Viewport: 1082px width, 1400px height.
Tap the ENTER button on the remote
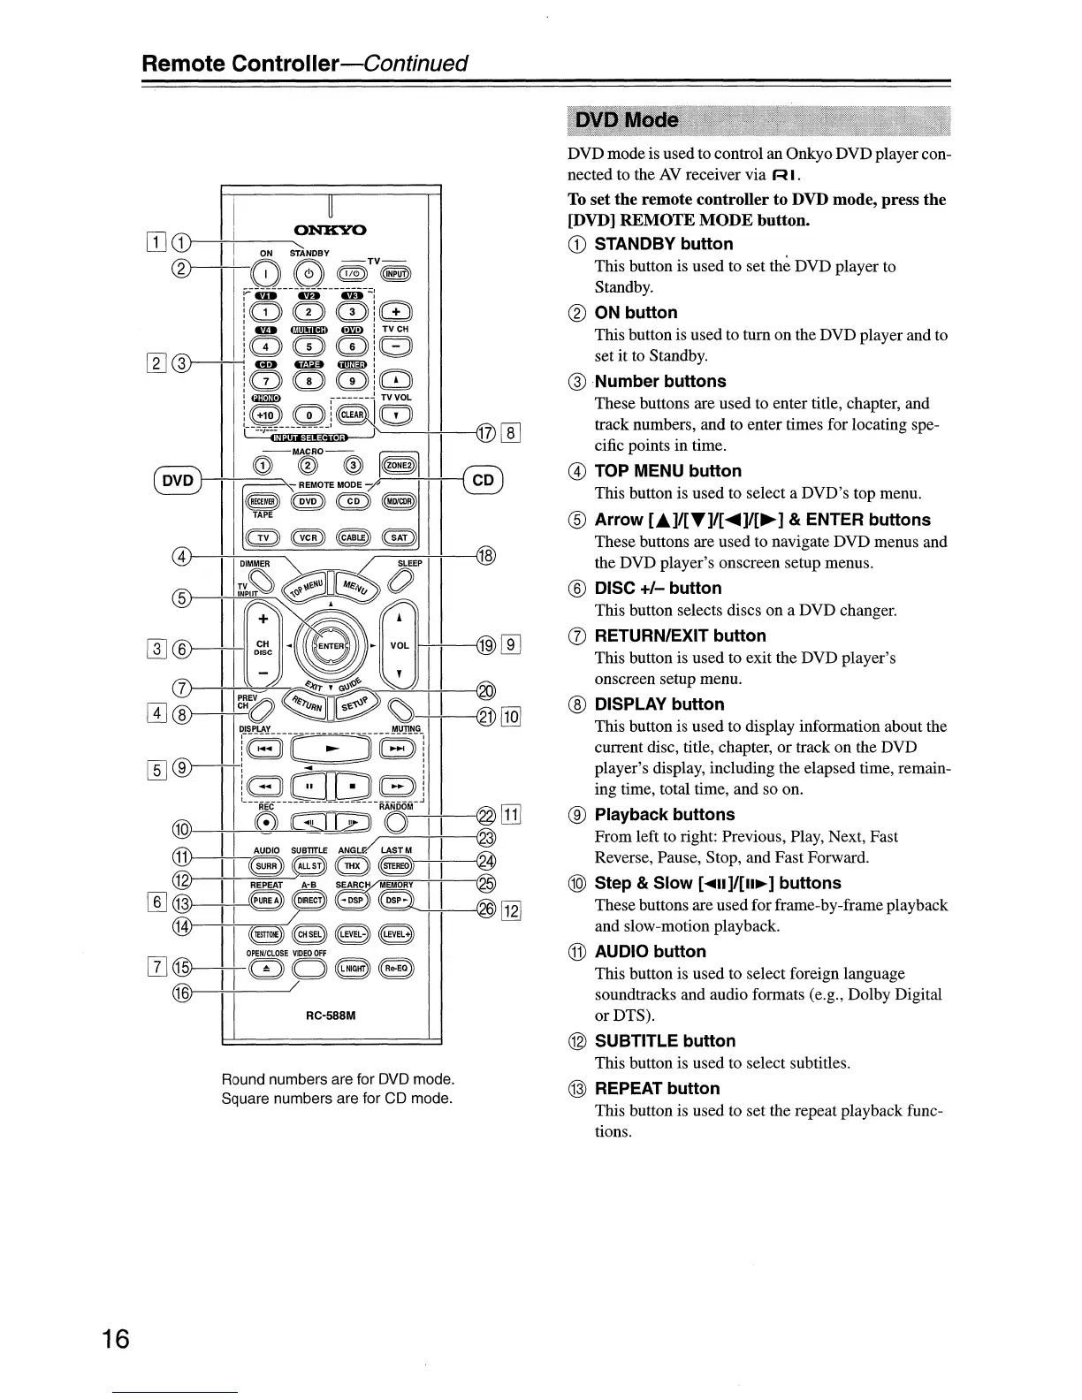point(331,645)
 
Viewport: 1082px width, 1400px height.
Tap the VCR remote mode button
point(309,537)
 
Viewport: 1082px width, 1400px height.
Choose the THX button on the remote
point(353,866)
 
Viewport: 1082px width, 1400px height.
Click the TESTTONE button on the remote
point(265,935)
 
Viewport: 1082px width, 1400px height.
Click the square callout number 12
point(513,911)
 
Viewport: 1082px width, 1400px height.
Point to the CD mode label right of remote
point(483,480)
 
